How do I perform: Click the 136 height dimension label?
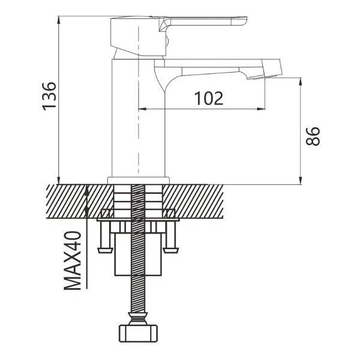point(49,96)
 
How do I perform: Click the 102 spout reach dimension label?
point(209,98)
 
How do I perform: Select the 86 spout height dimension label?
point(313,136)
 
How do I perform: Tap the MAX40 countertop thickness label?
point(73,260)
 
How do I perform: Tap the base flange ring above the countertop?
point(138,181)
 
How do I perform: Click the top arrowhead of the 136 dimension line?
point(59,20)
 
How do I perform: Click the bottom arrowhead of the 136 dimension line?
point(59,181)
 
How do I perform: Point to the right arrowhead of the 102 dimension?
point(262,109)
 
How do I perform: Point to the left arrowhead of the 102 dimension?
point(143,109)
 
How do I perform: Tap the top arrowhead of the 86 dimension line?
point(301,82)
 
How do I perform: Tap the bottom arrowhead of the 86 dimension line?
point(301,181)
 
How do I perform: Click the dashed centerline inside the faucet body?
point(139,100)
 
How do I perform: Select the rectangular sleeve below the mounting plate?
point(138,254)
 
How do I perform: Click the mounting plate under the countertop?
point(138,220)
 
